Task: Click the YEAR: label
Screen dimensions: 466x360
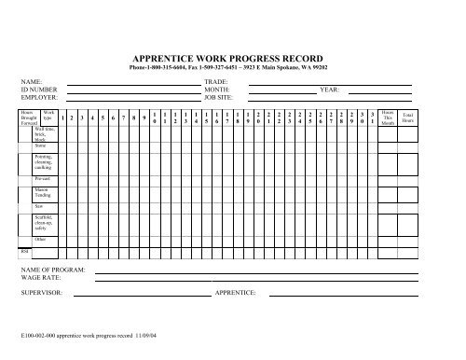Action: (x=330, y=90)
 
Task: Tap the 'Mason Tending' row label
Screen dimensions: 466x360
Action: (x=41, y=192)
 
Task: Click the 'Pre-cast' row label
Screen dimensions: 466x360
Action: (x=41, y=177)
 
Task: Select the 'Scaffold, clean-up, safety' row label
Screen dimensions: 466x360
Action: (x=42, y=222)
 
